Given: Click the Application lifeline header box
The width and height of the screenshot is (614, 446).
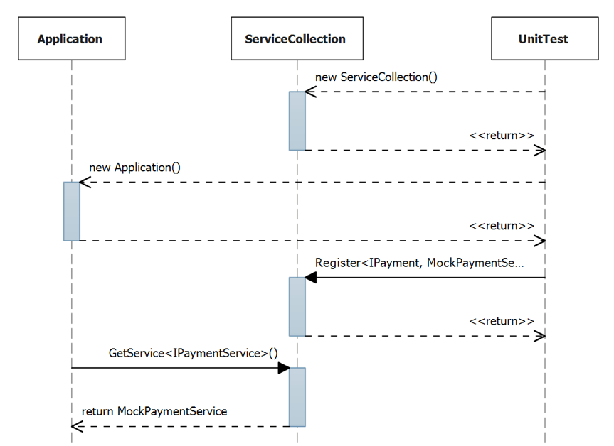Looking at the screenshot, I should point(70,39).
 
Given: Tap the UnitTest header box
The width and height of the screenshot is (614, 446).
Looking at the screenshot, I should point(544,39).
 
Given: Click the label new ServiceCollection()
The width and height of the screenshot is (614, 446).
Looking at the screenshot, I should point(376,77).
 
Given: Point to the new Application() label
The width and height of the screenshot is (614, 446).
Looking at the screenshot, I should point(135,168).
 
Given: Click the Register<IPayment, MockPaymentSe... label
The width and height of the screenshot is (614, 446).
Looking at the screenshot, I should point(419,263).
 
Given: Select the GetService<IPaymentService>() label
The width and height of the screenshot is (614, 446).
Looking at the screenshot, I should point(194,353).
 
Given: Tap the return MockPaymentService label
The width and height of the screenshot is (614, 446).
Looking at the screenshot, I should point(154,411).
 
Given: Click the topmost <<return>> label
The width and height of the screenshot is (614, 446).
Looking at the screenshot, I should point(502,135).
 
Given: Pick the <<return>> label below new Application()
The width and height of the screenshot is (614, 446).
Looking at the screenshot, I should point(502,226).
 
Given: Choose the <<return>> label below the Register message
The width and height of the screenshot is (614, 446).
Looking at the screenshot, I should point(502,321).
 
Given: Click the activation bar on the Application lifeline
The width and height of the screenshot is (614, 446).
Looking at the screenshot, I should point(71,211).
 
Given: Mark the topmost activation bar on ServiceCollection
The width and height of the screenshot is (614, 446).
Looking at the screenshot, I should point(297,120).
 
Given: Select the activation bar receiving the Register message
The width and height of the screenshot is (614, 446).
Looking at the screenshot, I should point(297,306).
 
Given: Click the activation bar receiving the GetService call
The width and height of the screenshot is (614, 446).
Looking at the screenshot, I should point(297,396).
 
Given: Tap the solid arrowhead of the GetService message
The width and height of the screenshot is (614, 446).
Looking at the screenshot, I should point(283,368).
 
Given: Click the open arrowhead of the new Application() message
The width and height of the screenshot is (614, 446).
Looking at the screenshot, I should point(85,183).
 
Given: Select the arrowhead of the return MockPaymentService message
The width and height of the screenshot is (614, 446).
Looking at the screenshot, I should point(77,426).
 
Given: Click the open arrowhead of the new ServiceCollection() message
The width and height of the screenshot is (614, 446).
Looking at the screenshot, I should point(310,92).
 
